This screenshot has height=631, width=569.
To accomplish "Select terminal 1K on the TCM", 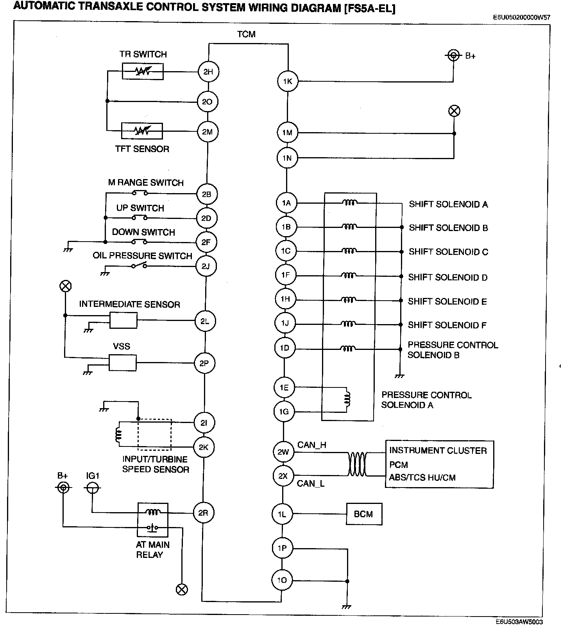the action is point(288,81).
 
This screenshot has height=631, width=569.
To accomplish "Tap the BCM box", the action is point(364,514).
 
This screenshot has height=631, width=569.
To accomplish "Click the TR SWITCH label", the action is point(143,54).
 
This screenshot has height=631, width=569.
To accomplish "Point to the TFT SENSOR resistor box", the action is point(142,131).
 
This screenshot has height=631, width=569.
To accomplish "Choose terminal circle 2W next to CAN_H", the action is point(283,452).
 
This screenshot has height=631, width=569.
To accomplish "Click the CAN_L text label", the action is point(311,484).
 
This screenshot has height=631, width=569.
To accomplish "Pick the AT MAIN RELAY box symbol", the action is point(153,520).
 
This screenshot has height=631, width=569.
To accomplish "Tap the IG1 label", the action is point(93,476).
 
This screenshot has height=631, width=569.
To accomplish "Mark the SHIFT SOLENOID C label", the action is point(448,252).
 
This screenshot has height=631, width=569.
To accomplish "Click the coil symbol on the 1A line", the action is point(350,203).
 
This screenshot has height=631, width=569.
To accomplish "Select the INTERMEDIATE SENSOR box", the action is point(123,320).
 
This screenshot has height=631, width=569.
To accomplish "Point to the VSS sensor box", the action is point(123,363).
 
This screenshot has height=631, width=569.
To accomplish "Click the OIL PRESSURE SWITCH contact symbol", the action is point(139,266).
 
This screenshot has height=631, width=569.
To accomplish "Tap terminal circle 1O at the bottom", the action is point(282,580).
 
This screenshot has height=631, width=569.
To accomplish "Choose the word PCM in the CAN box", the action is point(399,465).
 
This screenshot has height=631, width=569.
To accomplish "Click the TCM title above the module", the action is point(246,34).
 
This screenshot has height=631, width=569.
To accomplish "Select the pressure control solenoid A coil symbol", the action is point(347,399).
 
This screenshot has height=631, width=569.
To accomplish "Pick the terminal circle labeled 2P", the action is point(204,363).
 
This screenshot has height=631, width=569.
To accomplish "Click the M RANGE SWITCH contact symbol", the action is point(140,193).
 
